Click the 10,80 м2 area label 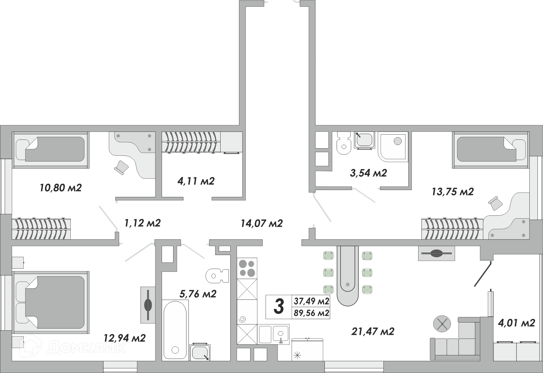[x=60, y=188]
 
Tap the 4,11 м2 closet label [x=196, y=181]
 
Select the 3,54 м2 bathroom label [x=368, y=173]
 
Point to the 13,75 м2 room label [x=452, y=191]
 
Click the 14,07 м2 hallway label [x=262, y=224]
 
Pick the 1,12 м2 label [x=142, y=223]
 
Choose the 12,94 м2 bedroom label [x=124, y=338]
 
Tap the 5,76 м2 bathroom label [x=198, y=294]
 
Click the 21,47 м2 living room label [x=373, y=332]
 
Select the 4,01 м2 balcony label [x=516, y=323]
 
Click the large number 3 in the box [x=279, y=306]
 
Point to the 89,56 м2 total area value [x=311, y=313]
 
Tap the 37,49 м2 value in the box [x=311, y=301]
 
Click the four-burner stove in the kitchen [x=247, y=268]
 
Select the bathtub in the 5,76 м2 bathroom [x=175, y=330]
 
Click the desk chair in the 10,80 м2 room [x=121, y=167]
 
